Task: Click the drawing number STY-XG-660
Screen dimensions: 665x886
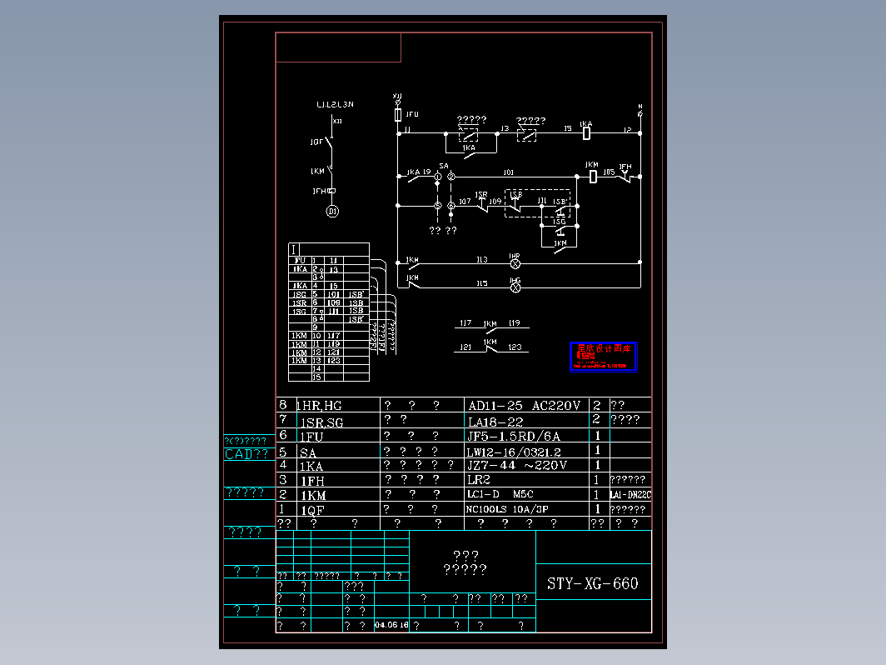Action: (593, 583)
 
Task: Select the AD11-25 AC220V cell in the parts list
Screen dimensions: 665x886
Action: (525, 406)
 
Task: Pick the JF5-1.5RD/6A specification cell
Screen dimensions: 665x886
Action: (515, 436)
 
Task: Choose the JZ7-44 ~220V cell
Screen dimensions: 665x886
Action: (517, 465)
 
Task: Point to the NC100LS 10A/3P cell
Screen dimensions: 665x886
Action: (507, 509)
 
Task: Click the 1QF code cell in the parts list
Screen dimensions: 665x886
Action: (313, 509)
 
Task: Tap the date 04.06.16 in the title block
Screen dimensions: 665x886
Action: (391, 624)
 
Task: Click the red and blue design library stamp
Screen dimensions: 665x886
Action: (603, 357)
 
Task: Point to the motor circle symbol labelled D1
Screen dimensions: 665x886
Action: (332, 212)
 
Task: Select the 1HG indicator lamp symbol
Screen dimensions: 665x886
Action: (515, 287)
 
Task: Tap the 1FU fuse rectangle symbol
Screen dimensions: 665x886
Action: (398, 114)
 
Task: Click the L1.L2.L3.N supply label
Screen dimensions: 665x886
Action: (335, 104)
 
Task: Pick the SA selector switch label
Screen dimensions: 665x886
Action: (443, 167)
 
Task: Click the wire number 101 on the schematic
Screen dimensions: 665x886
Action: (508, 172)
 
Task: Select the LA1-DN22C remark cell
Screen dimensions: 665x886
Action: (630, 495)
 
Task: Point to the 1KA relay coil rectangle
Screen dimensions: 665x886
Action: (587, 132)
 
